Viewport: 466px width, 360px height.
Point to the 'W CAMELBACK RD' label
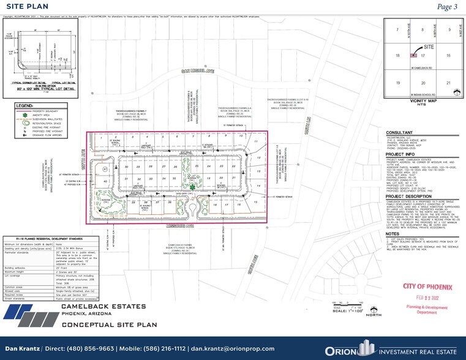click(434, 68)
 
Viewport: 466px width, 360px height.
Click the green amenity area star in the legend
click(23, 114)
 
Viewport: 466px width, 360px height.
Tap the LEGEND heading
click(24, 105)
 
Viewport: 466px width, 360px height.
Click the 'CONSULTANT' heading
click(400, 132)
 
